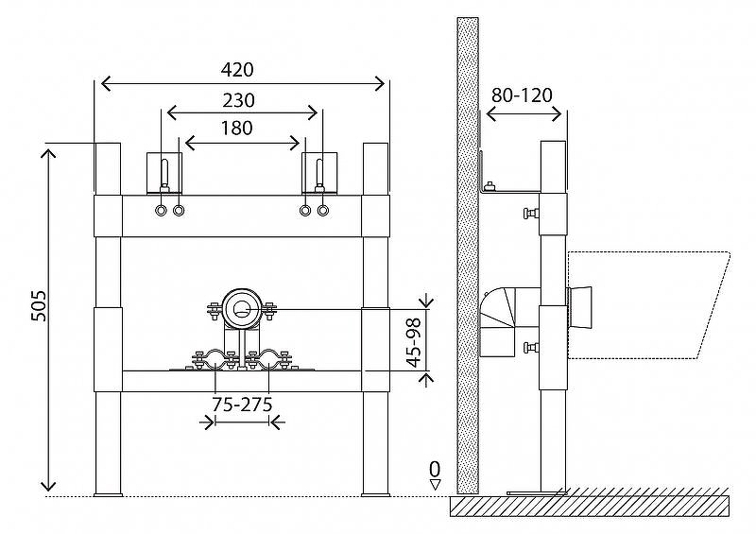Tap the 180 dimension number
click(x=234, y=129)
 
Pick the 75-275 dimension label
click(x=243, y=405)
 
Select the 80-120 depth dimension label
click(x=523, y=95)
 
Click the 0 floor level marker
click(x=435, y=469)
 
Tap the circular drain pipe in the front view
click(x=243, y=308)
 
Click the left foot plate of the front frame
click(x=108, y=493)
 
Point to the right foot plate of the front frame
click(x=376, y=493)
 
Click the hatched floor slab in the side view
click(x=591, y=507)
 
